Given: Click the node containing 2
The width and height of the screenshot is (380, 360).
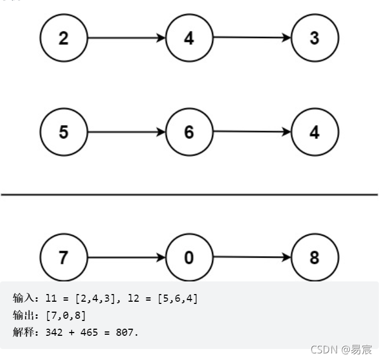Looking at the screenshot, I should [64, 38].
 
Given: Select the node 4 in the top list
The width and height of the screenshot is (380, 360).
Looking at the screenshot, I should [189, 38].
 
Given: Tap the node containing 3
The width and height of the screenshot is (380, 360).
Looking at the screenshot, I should [315, 38].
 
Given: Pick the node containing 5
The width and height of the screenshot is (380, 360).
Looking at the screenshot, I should [64, 132].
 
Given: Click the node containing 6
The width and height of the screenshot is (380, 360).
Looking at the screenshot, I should [189, 132].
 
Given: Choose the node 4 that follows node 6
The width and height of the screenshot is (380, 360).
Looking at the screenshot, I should [315, 132].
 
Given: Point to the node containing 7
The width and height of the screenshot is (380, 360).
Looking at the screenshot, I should [64, 257].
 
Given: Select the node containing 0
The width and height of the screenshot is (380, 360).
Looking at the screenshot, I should [189, 257].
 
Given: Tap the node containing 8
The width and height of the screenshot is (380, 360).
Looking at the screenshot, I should [315, 257].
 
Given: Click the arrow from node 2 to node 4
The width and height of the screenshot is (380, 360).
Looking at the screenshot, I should [126, 38].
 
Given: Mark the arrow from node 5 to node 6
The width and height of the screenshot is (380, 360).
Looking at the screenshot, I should [126, 132].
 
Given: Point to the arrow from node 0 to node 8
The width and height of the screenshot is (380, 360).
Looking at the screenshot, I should [252, 257].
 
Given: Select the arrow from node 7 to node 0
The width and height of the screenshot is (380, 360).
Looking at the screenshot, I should [126, 257].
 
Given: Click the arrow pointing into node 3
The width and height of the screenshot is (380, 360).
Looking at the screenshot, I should [252, 38].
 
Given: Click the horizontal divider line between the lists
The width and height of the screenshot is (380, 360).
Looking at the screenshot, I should [189, 194].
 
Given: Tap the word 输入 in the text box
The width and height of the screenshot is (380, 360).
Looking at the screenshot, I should [23, 298].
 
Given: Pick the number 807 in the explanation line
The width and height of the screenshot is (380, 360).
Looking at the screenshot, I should [126, 333].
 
